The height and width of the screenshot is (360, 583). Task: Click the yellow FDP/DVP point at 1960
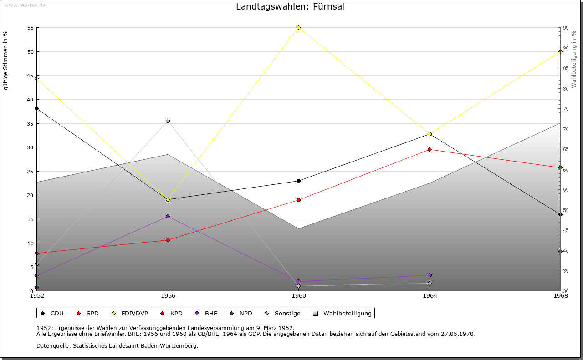point(299,28)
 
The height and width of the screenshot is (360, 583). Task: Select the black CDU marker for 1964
point(430,134)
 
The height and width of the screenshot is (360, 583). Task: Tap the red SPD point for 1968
point(560,167)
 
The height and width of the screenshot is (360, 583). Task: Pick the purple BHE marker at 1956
point(168,217)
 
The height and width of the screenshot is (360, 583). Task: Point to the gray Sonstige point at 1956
point(168,121)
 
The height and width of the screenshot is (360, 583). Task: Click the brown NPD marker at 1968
point(560,252)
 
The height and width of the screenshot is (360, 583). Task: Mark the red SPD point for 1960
point(299,200)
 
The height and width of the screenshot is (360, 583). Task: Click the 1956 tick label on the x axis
point(168,296)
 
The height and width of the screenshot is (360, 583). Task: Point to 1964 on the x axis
point(430,296)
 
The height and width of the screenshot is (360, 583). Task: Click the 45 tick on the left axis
point(31,76)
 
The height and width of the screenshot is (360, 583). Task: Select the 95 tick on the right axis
point(565,28)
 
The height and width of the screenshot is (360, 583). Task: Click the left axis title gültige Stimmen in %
point(6,61)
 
